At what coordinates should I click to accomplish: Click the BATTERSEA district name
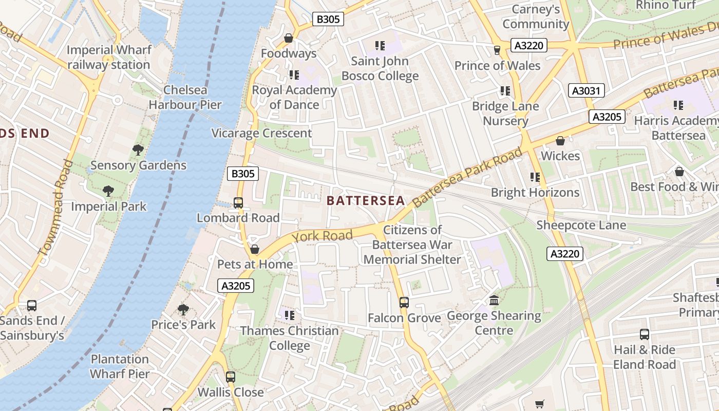tap(366, 200)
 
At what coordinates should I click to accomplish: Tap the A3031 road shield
tap(586, 91)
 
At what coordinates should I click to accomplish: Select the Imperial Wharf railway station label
tap(109, 58)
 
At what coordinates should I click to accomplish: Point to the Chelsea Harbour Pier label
tap(185, 98)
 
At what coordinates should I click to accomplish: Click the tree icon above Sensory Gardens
tap(138, 150)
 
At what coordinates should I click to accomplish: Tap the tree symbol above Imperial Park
tap(108, 191)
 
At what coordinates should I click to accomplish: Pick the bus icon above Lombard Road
tap(238, 202)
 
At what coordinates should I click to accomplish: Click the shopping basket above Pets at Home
tap(255, 249)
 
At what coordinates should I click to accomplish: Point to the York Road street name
tap(323, 236)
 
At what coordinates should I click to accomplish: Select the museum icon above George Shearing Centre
tap(494, 300)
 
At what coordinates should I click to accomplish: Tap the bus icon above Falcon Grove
tap(404, 302)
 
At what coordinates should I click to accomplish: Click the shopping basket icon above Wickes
tap(560, 141)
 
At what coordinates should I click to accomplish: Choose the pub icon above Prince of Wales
tap(497, 50)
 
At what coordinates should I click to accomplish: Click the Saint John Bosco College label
tap(380, 68)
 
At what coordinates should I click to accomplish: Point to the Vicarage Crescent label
tap(262, 133)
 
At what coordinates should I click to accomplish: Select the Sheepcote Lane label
tap(581, 225)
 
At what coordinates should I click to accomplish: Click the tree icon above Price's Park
tap(183, 309)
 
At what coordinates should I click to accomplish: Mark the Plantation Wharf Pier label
tap(120, 366)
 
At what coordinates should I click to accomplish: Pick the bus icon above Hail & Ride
tap(645, 334)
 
